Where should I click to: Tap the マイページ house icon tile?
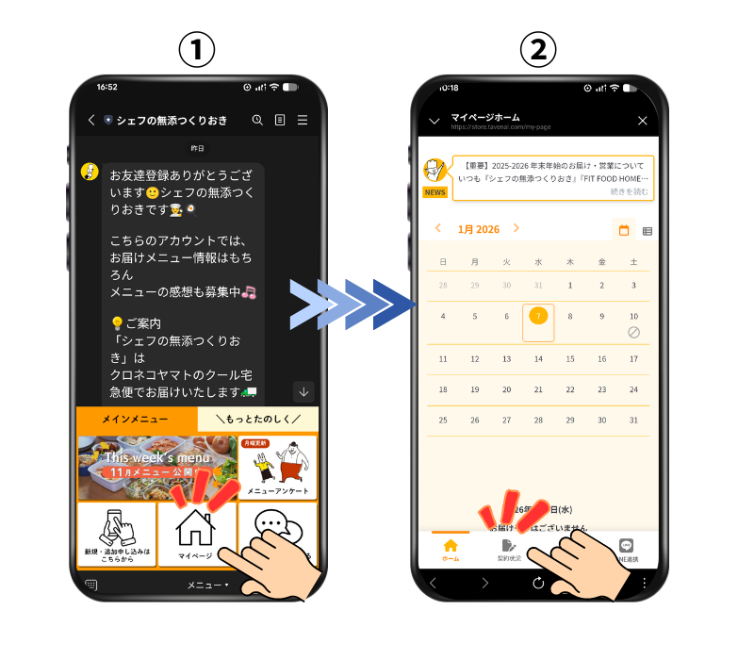[x=196, y=534]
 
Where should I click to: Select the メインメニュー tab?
[x=136, y=419]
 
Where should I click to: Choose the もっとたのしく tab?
[x=257, y=419]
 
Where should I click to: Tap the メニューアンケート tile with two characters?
[x=277, y=468]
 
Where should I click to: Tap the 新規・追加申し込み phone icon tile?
[x=116, y=534]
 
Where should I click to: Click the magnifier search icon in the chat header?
[x=257, y=120]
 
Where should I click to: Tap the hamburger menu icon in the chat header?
[x=303, y=120]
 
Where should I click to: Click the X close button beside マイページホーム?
[x=643, y=121]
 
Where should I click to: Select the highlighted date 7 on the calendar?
[x=537, y=317]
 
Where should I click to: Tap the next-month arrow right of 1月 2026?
[x=516, y=228]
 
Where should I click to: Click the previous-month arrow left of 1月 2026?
[x=437, y=228]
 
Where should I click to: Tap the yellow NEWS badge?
[x=434, y=192]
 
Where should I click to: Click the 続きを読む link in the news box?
[x=629, y=191]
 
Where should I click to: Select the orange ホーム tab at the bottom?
[x=451, y=550]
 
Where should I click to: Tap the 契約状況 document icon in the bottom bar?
[x=509, y=550]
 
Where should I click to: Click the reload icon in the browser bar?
[x=538, y=583]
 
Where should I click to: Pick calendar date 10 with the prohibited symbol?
[x=633, y=323]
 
